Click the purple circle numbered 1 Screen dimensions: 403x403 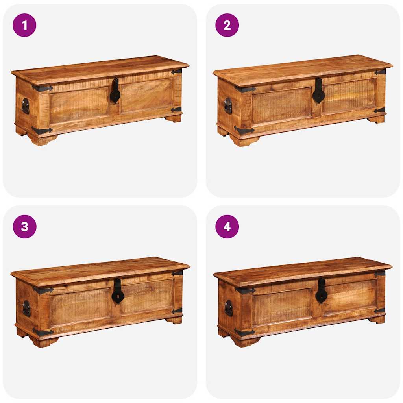pyautogui.click(x=24, y=25)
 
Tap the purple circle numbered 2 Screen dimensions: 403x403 pyautogui.click(x=227, y=25)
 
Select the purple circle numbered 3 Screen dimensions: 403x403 pyautogui.click(x=24, y=227)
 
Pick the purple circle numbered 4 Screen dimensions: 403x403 pyautogui.click(x=227, y=227)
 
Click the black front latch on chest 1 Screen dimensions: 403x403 pyautogui.click(x=115, y=92)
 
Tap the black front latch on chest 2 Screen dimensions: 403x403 pyautogui.click(x=318, y=92)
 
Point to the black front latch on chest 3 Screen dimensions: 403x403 pyautogui.click(x=117, y=292)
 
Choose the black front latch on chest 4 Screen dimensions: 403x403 pyautogui.click(x=321, y=292)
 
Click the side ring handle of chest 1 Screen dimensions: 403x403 pyautogui.click(x=25, y=106)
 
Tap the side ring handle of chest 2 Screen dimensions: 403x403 pyautogui.click(x=228, y=105)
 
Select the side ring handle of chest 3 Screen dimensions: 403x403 pyautogui.click(x=26, y=308)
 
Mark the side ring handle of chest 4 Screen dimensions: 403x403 pyautogui.click(x=228, y=308)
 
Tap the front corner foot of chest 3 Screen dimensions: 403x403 pyautogui.click(x=43, y=342)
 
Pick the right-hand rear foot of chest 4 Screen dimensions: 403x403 pyautogui.click(x=377, y=319)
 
